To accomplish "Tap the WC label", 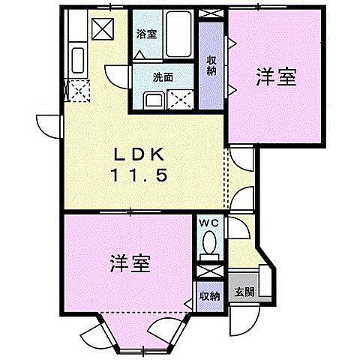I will point(208,223).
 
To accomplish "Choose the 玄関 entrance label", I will point(242,291).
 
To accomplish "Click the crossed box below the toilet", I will point(209,268).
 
